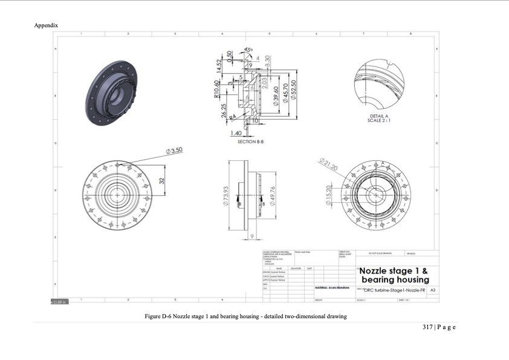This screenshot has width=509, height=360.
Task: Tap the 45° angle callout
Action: pos(248,50)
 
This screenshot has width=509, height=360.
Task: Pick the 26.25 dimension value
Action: pos(224,110)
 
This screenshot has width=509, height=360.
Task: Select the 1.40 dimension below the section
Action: pos(236,133)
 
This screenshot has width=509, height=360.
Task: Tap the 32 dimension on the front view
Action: pos(162,181)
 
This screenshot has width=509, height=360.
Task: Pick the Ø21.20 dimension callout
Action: pos(327,163)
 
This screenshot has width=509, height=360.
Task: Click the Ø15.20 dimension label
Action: pos(329,195)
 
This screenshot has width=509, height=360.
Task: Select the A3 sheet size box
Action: pos(432,290)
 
